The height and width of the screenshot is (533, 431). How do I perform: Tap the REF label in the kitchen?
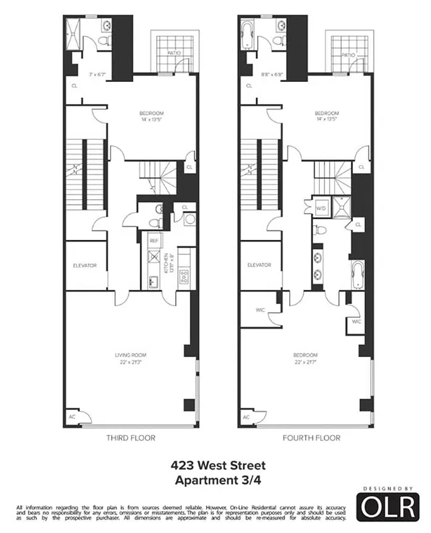(x=153, y=241)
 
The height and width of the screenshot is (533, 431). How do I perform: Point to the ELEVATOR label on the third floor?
(x=85, y=266)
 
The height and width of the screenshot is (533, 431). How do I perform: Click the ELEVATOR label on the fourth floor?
(x=259, y=265)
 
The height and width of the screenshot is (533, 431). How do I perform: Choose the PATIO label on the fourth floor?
(x=348, y=55)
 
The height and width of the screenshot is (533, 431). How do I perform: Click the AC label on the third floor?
(x=72, y=417)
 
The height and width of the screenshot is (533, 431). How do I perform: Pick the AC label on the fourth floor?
(x=246, y=417)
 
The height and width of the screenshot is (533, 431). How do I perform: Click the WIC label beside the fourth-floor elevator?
(x=260, y=310)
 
